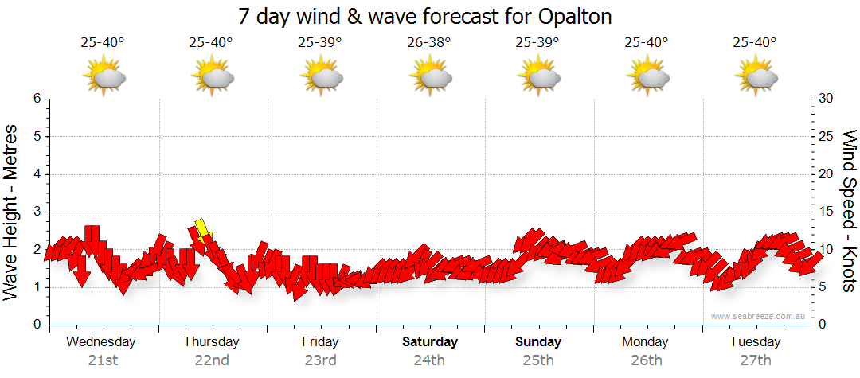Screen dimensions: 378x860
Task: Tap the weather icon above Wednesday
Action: (x=104, y=77)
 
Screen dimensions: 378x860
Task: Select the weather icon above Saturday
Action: (x=430, y=77)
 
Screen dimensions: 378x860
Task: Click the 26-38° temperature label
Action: (x=429, y=42)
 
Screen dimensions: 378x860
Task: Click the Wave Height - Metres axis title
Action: (x=11, y=212)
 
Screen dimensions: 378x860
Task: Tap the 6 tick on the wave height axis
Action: (x=37, y=99)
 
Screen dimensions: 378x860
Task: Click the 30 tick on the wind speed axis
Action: (x=827, y=99)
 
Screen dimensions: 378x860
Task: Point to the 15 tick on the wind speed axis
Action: (x=827, y=212)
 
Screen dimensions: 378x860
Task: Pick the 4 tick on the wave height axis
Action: (x=37, y=174)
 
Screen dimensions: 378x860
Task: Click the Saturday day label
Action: (x=429, y=342)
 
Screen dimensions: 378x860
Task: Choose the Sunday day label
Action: (x=538, y=342)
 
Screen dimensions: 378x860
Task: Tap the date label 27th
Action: (x=756, y=360)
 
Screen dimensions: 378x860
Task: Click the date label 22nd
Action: (x=212, y=360)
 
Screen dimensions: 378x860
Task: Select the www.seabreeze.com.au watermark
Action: (x=759, y=316)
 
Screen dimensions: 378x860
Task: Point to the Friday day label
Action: (x=320, y=342)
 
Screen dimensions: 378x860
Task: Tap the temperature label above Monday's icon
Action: (x=647, y=42)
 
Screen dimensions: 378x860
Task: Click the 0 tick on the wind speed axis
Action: (x=823, y=325)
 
